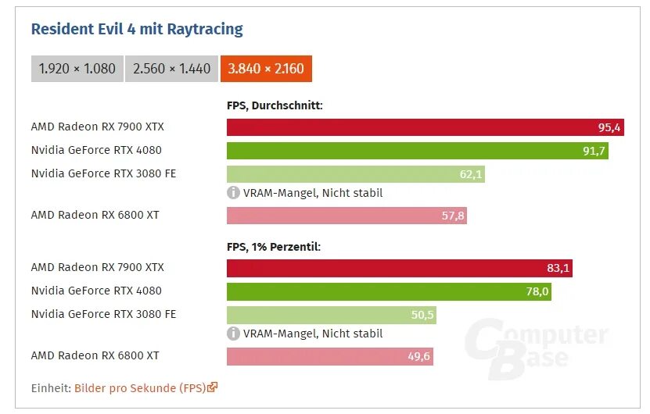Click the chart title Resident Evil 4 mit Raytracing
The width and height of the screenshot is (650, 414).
pos(137,30)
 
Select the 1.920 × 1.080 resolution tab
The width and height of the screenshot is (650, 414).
pos(77,69)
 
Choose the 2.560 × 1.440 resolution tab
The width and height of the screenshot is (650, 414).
pos(171,69)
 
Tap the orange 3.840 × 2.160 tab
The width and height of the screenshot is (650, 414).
pos(266,69)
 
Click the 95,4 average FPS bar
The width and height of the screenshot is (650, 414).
pos(425,127)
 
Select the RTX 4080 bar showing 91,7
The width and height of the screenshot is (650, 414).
pos(417,151)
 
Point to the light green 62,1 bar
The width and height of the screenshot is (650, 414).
pos(355,174)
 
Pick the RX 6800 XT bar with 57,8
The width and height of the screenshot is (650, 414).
pos(347,216)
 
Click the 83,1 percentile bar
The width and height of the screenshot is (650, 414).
pos(400,268)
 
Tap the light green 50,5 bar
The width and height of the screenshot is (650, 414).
pos(331,315)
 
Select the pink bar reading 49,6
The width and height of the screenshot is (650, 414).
pos(329,356)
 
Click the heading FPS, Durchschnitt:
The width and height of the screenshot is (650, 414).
pos(275,105)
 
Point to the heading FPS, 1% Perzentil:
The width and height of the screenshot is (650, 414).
pos(274,246)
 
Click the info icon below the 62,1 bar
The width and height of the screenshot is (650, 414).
pos(233,193)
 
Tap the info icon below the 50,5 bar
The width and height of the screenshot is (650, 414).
pos(233,334)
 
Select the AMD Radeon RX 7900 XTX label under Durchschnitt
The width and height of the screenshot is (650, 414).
pos(97,127)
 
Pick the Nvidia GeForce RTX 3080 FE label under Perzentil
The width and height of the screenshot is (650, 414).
pos(103,314)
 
